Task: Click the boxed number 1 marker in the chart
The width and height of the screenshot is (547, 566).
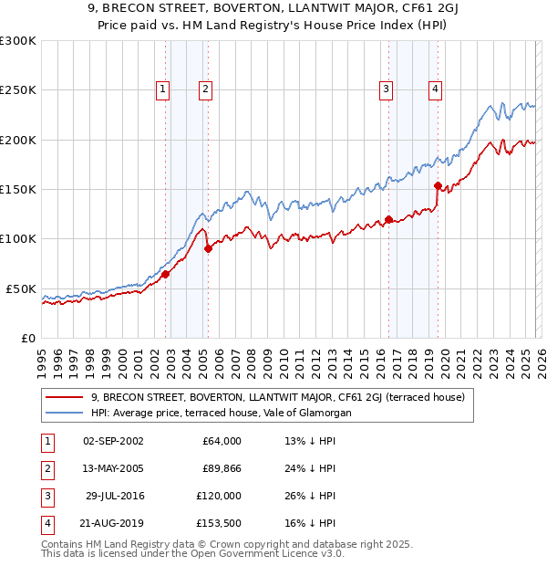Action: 162,89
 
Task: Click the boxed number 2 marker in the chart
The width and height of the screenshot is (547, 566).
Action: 206,89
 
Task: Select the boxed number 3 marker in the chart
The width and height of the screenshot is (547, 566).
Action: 387,89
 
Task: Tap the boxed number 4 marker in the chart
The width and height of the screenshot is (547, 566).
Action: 436,89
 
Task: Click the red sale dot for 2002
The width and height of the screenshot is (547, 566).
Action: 165,274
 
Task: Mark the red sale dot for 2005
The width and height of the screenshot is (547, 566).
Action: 208,248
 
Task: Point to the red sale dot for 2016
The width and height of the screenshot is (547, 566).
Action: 388,219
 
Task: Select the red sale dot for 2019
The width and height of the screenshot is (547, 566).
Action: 438,186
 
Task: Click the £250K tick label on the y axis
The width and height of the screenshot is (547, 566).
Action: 18,90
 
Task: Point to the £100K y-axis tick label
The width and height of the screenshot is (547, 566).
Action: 18,238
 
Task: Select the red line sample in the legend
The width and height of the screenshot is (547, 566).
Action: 64,397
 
